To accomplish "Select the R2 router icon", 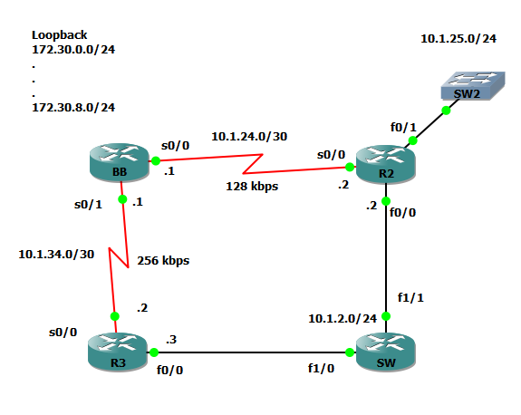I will pyautogui.click(x=385, y=166).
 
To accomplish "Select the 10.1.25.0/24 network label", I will pyautogui.click(x=458, y=39).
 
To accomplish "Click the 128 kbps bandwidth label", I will pyautogui.click(x=252, y=186).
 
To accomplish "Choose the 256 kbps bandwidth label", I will pyautogui.click(x=163, y=260).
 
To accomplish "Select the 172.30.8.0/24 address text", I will pyautogui.click(x=73, y=108).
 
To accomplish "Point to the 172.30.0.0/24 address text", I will pyautogui.click(x=73, y=51).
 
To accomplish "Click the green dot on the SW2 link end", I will pyautogui.click(x=446, y=111).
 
